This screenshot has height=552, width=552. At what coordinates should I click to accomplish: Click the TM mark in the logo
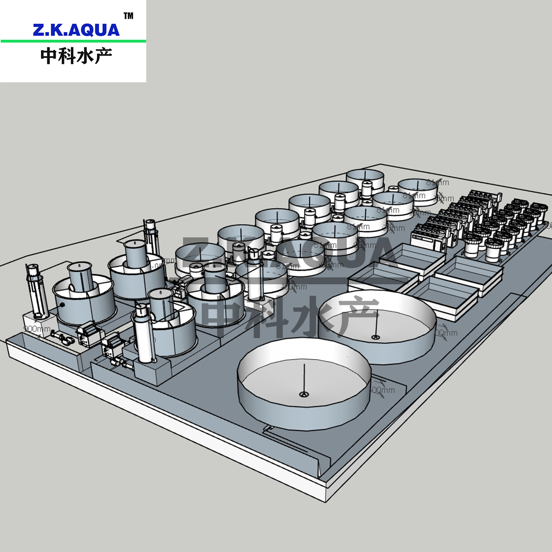[x=129, y=16]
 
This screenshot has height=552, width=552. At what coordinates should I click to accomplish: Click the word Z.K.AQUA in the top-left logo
[x=76, y=30]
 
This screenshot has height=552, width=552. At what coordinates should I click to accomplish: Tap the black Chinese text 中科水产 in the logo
[x=76, y=56]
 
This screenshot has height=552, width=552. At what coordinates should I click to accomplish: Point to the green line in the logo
[x=74, y=41]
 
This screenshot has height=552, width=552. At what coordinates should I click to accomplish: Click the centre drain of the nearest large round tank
[x=303, y=394]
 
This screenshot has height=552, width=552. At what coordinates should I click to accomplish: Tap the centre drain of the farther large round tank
[x=376, y=338]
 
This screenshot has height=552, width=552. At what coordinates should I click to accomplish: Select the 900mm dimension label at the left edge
[x=37, y=329]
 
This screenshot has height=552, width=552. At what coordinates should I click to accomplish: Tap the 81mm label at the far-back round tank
[x=437, y=183]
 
